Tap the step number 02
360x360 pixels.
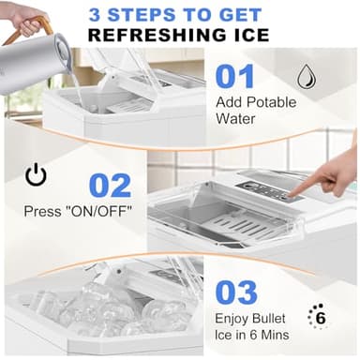coord(112,184)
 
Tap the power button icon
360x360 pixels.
coord(37,175)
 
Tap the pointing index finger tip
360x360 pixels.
coord(295,192)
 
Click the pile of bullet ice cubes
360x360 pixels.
coord(94,310)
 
